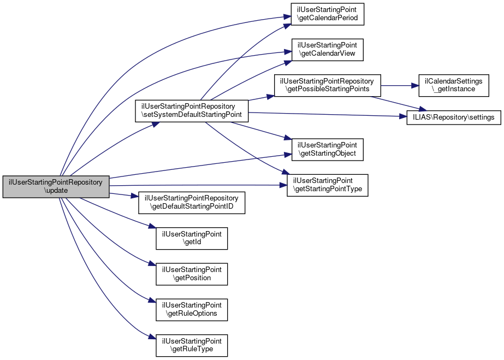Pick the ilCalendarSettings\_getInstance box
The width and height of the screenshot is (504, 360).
[454, 85]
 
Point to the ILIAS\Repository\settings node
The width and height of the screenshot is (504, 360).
[453, 117]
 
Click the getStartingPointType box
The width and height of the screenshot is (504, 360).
[328, 185]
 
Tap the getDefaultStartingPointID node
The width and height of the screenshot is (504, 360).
[192, 203]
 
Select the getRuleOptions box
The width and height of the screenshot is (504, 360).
[192, 310]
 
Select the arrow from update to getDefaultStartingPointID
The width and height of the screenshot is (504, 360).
[124, 194]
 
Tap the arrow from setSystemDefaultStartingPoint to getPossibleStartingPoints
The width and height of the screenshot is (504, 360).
[261, 98]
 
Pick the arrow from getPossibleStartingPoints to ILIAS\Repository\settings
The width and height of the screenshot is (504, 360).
[395, 104]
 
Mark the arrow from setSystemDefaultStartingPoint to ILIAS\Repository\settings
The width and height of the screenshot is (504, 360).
[328, 115]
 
